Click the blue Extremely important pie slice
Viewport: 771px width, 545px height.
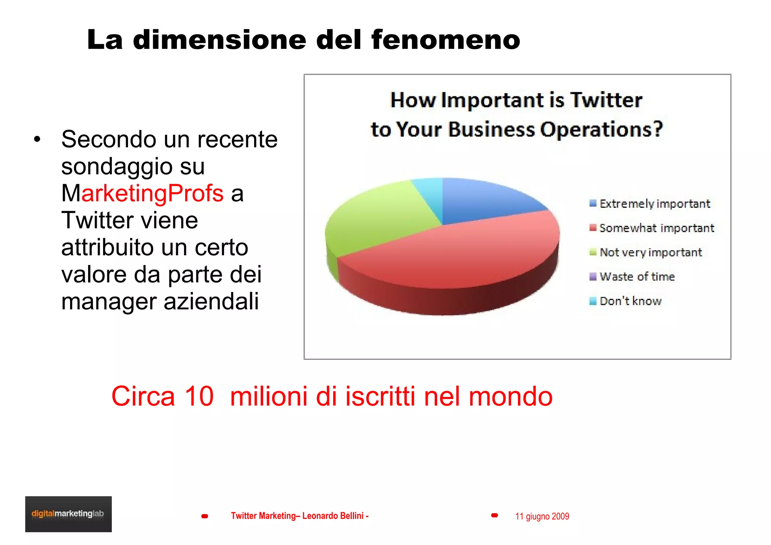coord(486,199)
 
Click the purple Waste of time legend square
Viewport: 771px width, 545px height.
coord(593,277)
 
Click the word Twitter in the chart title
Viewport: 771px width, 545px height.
coord(606,100)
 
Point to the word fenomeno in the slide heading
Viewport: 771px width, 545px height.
coord(446,40)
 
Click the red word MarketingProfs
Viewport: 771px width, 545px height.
coord(152,193)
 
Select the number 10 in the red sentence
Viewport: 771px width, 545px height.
coord(199,396)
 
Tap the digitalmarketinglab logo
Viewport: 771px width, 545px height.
coord(68,514)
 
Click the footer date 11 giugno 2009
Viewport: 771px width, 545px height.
coord(542,516)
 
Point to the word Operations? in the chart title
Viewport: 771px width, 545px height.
coord(601,129)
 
